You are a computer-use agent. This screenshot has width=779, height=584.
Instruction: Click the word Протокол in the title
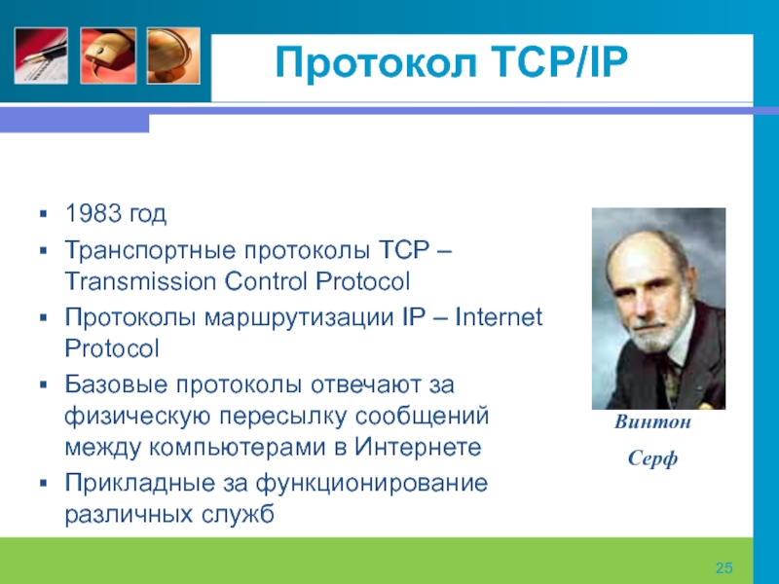point(376,62)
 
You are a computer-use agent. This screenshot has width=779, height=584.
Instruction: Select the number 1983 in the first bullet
point(93,213)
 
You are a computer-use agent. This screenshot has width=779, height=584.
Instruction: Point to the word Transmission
point(141,281)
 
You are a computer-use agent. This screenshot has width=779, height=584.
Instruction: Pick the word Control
point(266,281)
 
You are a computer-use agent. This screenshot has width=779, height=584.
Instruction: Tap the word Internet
point(499,317)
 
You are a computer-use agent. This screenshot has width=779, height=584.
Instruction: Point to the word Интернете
point(418,447)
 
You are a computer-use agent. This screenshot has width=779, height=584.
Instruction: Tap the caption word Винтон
point(652,422)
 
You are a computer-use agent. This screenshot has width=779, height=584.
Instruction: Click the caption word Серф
point(652,457)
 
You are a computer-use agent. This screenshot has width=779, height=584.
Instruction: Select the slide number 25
point(724,567)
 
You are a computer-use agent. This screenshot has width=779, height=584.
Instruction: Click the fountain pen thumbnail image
point(41,55)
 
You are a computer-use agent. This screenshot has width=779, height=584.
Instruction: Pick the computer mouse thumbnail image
point(108,55)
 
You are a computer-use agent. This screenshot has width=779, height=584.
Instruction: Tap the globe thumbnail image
point(173,55)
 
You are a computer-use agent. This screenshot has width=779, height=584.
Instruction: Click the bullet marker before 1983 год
point(43,214)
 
